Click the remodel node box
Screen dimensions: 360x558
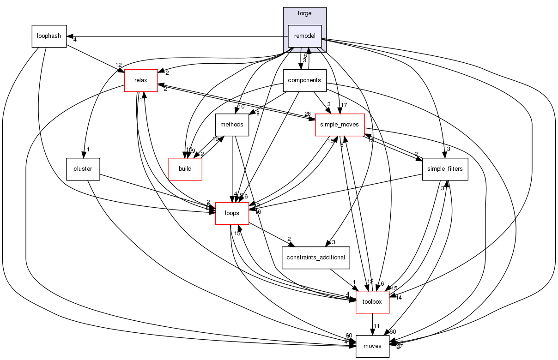[x=304, y=36]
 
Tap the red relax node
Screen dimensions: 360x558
[x=141, y=80]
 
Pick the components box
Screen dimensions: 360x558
[x=304, y=80]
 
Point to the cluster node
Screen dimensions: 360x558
[x=83, y=169]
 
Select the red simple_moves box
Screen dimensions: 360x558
[x=340, y=125]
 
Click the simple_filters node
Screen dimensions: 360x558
[x=445, y=169]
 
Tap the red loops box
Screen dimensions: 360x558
[x=232, y=214]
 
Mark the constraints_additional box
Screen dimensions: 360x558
[x=316, y=257]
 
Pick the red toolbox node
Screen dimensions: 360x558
[x=372, y=301]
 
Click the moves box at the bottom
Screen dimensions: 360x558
[x=372, y=346]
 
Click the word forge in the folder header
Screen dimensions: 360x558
[x=304, y=13]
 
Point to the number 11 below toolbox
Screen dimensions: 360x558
[x=376, y=326]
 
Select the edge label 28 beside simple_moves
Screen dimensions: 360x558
[x=307, y=114]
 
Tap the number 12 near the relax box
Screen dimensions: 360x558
[x=119, y=65]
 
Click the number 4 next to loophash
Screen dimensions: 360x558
[x=75, y=40]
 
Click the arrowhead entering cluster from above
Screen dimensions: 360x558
[x=84, y=154]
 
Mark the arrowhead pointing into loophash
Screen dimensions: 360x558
[x=70, y=36]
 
